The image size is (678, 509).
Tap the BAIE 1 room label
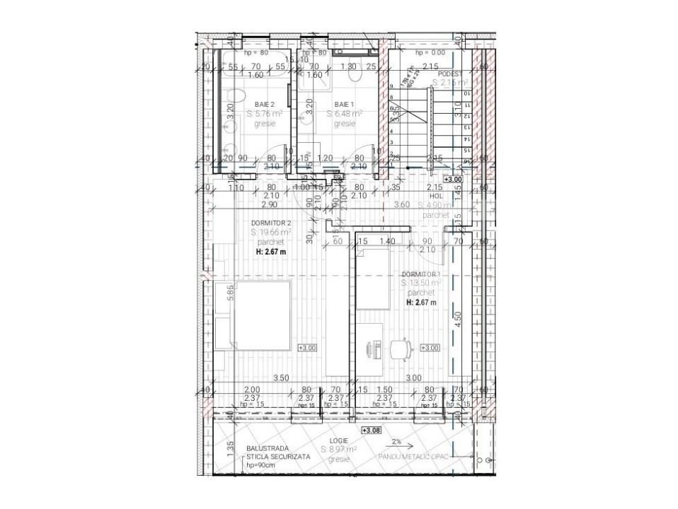[345, 104]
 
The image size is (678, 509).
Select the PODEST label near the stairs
[449, 74]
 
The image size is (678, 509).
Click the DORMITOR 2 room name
[271, 223]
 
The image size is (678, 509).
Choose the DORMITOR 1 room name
[421, 274]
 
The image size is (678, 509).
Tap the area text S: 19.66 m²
[271, 233]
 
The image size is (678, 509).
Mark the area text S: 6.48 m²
[345, 113]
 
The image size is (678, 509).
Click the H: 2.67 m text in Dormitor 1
[421, 302]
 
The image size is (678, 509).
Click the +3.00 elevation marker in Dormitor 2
[308, 348]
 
